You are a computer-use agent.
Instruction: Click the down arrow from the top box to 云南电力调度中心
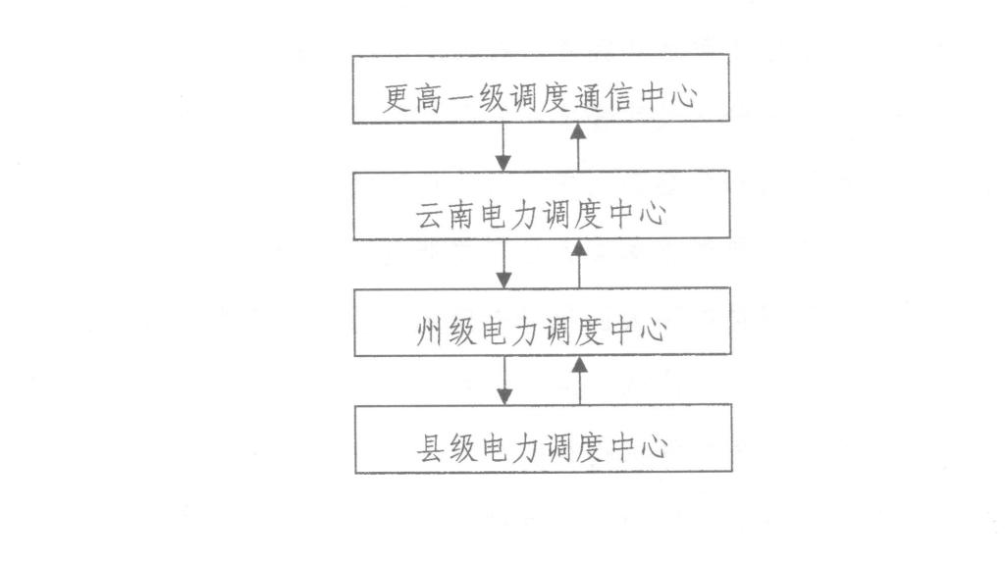[503, 147]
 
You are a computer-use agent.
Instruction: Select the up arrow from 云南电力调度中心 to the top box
[578, 147]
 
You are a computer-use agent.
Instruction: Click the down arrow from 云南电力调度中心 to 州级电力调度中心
[503, 264]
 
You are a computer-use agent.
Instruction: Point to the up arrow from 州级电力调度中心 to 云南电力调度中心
[579, 264]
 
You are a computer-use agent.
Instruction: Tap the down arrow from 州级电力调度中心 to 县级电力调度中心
[504, 381]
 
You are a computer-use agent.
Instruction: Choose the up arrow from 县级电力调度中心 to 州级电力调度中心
[579, 381]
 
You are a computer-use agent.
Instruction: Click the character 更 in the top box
[397, 98]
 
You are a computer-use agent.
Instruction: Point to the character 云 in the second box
[430, 215]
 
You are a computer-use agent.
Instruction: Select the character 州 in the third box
[430, 332]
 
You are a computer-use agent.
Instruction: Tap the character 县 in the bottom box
[431, 448]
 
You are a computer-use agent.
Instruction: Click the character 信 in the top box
[618, 98]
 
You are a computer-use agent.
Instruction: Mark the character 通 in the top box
[587, 98]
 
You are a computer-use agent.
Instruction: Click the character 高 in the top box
[429, 98]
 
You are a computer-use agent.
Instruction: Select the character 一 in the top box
[460, 99]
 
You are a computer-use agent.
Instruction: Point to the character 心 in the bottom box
[654, 448]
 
